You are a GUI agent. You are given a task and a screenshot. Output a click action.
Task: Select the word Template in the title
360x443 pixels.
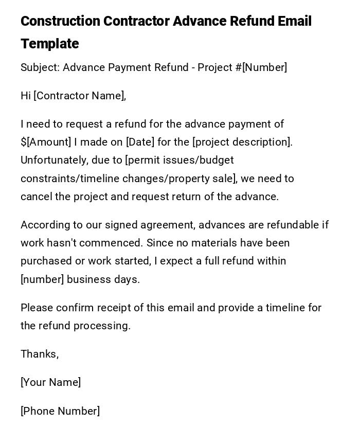50,44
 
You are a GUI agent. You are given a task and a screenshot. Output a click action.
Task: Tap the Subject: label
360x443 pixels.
40,67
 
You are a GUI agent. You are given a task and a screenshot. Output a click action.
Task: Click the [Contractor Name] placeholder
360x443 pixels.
79,96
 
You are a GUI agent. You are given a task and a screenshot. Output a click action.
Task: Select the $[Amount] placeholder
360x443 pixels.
46,142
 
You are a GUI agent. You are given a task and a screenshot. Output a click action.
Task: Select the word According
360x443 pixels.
43,225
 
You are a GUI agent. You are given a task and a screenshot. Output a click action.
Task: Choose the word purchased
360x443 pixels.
45,261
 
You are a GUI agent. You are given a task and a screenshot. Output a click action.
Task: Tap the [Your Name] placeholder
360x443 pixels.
50,382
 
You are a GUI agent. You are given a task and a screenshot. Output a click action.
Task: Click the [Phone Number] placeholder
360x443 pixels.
60,411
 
